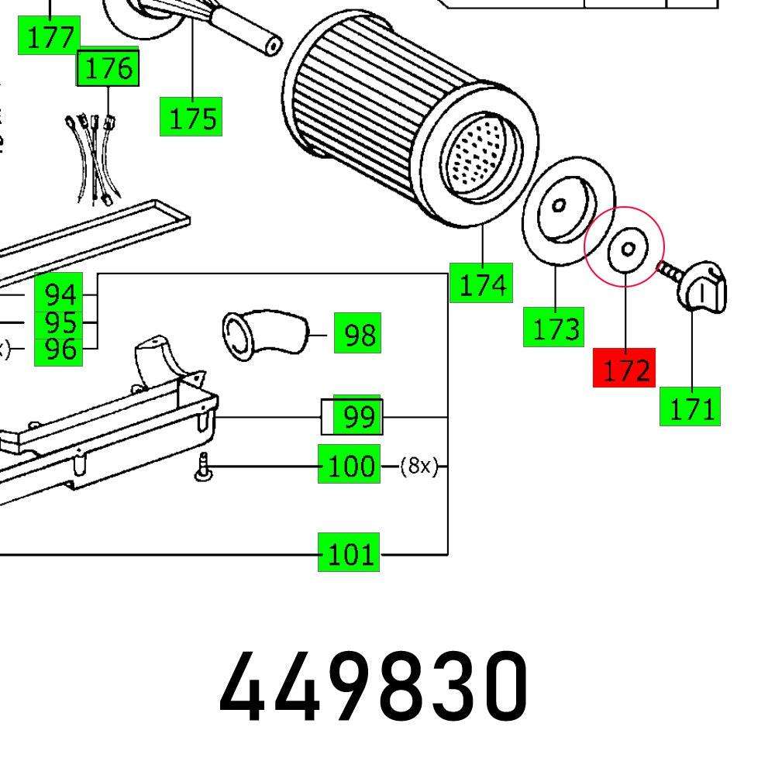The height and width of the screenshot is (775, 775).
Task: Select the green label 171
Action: tap(690, 406)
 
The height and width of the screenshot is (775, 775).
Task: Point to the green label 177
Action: tap(49, 36)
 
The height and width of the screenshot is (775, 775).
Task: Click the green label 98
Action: tap(357, 334)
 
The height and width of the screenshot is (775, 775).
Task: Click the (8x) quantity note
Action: tap(418, 466)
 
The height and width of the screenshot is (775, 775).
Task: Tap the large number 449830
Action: tap(374, 686)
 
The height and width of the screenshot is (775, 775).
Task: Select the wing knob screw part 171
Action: tap(701, 287)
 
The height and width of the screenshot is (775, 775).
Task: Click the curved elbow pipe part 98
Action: tap(263, 334)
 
